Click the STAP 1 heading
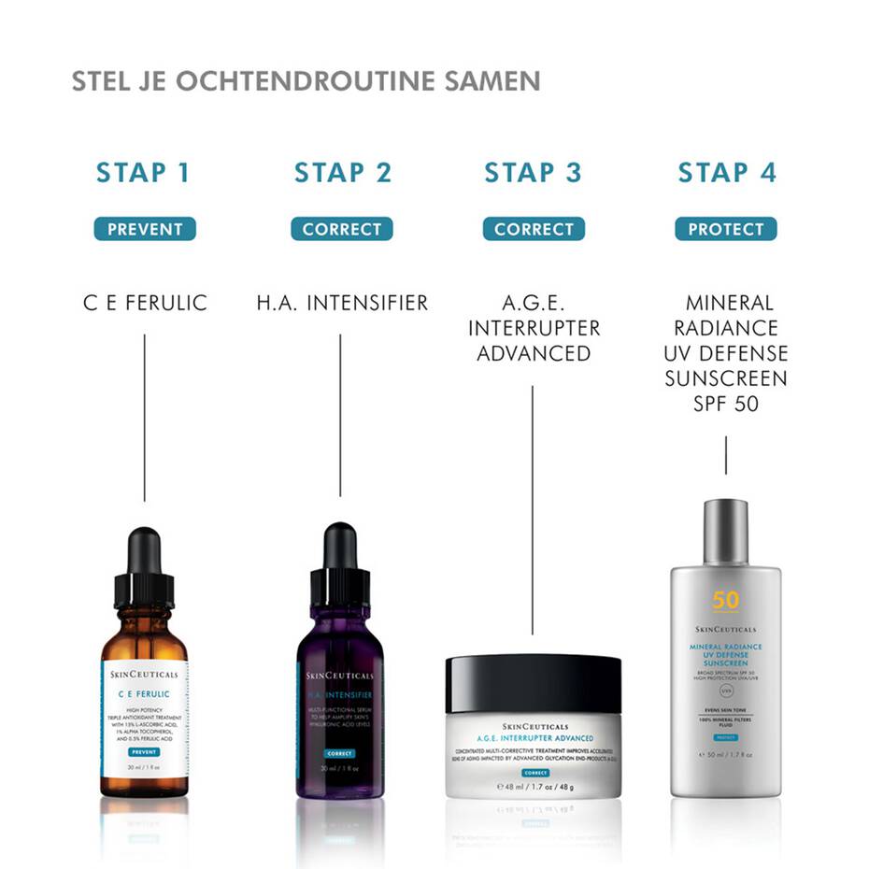click(x=143, y=173)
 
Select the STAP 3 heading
click(x=533, y=173)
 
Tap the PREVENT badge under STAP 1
click(x=145, y=229)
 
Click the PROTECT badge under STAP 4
click(x=726, y=229)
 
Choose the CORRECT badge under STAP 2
click(x=341, y=229)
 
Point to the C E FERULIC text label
click(x=145, y=304)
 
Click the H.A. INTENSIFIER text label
click(x=342, y=304)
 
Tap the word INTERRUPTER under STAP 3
click(x=534, y=329)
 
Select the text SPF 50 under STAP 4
click(x=726, y=405)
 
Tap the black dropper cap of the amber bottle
click(x=145, y=565)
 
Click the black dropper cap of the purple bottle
click(x=340, y=561)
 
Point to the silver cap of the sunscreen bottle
click(x=726, y=531)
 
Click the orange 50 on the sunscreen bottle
click(x=725, y=599)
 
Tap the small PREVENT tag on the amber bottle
click(x=145, y=751)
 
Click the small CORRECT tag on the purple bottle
click(x=339, y=753)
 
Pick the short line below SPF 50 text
click(x=726, y=454)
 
